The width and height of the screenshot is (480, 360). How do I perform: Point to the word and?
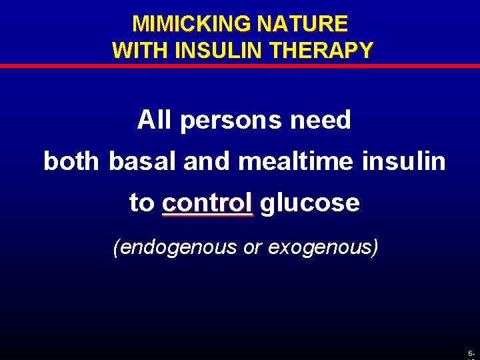click(x=203, y=161)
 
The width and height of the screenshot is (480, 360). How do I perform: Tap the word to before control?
click(x=141, y=203)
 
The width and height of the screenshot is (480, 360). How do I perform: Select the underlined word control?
click(x=207, y=203)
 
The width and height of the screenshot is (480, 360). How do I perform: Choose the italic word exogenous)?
click(x=323, y=247)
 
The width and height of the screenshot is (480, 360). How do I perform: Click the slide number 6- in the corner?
click(x=471, y=352)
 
